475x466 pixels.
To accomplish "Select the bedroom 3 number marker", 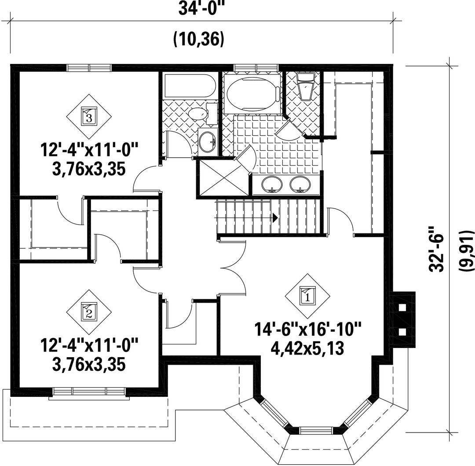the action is pos(89,116).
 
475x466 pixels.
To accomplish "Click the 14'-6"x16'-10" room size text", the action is pos(308,329).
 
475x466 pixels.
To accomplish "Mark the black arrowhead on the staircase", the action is pos(275,217).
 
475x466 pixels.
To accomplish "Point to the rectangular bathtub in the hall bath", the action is pos(190,86).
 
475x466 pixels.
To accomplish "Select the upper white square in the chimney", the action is pos(402,307).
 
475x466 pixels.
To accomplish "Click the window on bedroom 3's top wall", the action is pos(89,67).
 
